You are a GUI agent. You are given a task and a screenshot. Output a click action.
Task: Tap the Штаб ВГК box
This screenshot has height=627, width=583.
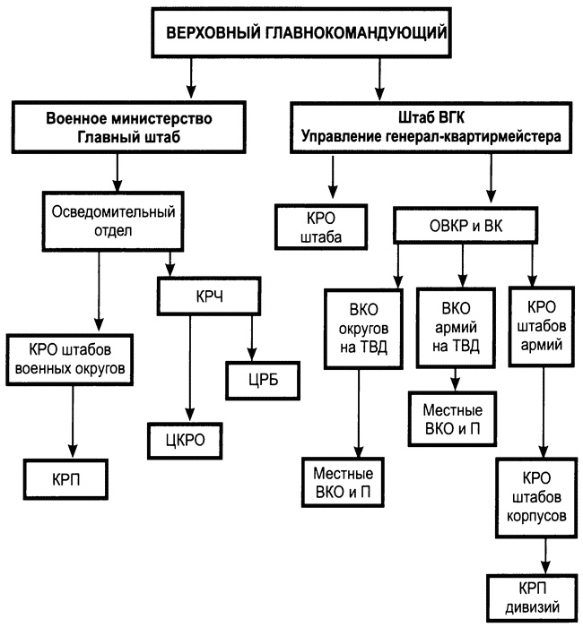click(x=431, y=127)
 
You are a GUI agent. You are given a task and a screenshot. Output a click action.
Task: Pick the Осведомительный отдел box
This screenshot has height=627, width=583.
click(x=111, y=219)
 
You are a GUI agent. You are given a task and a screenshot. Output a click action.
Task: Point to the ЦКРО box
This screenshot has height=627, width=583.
click(x=185, y=439)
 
